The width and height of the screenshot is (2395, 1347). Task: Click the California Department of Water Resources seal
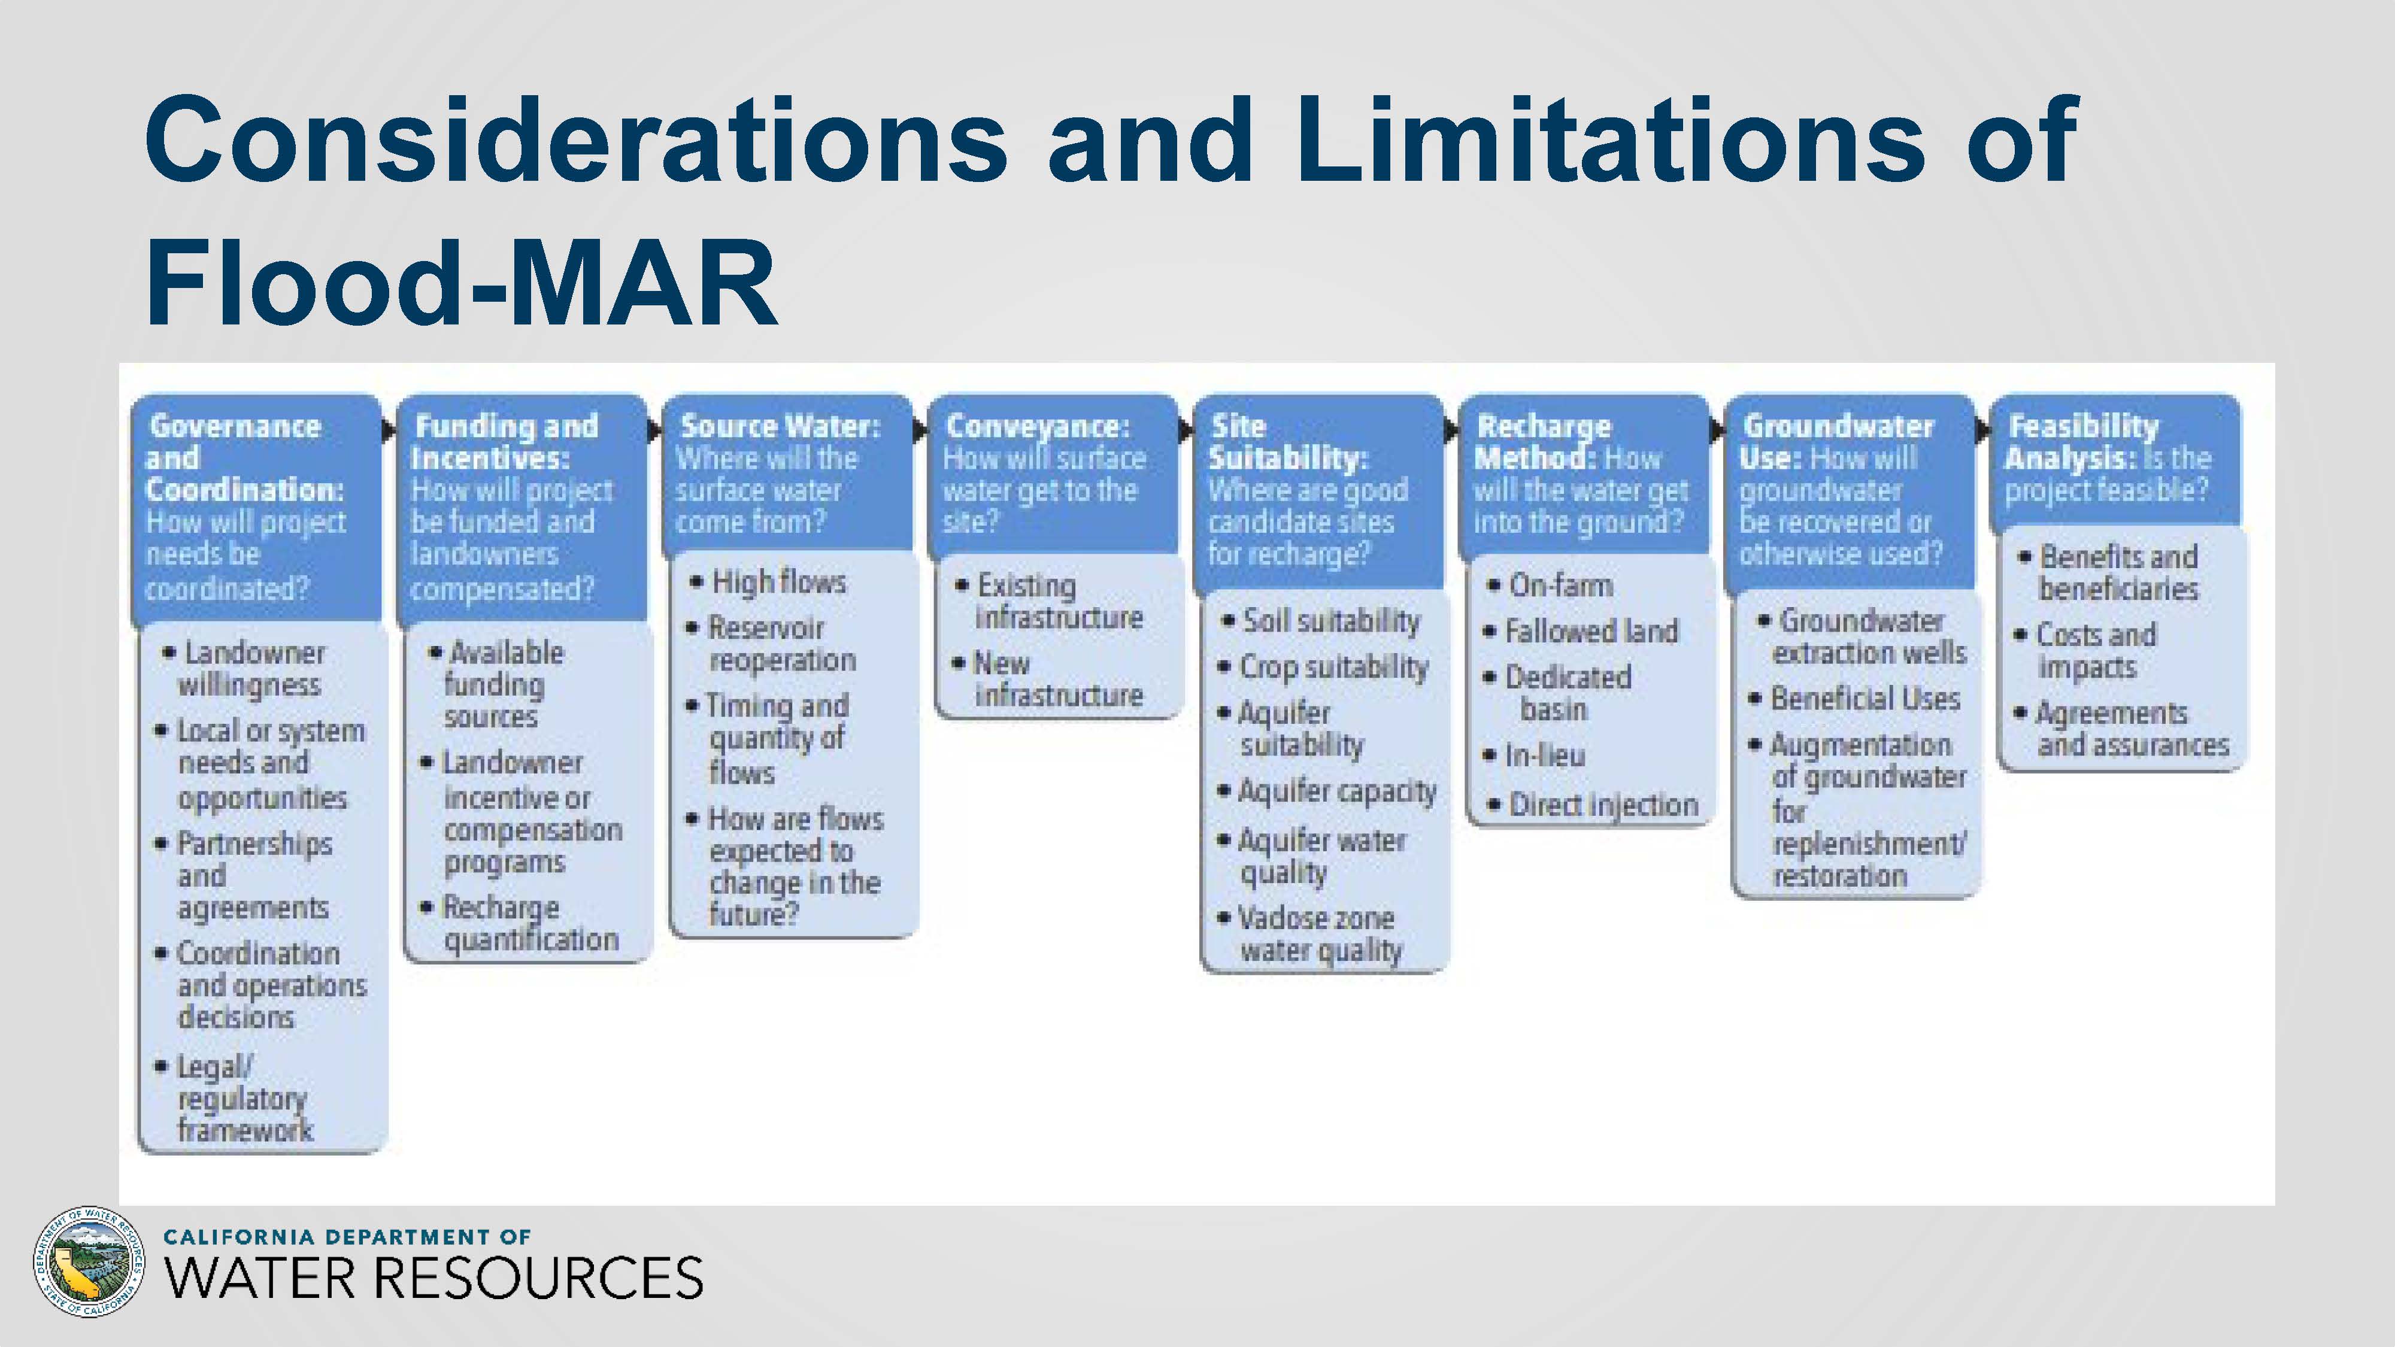coord(89,1263)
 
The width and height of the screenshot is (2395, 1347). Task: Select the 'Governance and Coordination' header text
coord(244,457)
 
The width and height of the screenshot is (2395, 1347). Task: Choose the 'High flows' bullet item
coord(768,582)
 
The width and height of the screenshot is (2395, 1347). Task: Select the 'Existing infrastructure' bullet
coord(1049,602)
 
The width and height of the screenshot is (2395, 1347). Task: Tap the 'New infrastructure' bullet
coord(1047,679)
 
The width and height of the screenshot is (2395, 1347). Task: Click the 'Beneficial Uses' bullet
coord(1855,698)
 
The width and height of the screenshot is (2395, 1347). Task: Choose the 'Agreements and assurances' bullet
coord(2121,729)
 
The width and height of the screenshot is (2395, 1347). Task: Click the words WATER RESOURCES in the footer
coord(434,1278)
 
